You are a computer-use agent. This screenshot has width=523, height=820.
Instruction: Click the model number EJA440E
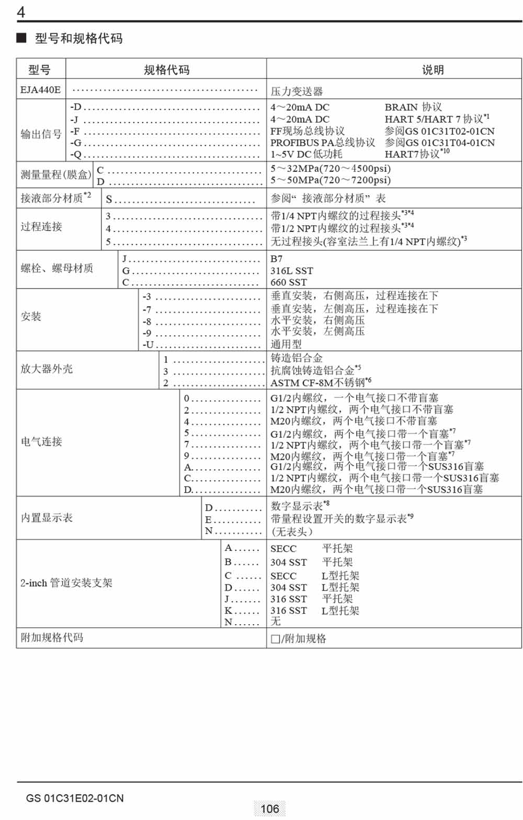coord(40,90)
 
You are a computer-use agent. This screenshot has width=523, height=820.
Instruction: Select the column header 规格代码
coord(166,70)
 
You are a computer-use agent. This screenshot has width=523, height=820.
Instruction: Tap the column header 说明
coord(433,70)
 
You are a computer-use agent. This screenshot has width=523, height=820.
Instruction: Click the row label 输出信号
coord(41,134)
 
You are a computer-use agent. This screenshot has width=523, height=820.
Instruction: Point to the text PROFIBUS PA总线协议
coord(322,142)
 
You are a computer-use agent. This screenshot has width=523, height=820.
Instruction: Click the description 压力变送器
coord(297,91)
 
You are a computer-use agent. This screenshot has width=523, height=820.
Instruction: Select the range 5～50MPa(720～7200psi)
coord(330,180)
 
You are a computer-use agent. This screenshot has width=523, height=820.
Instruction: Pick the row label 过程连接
coord(41,226)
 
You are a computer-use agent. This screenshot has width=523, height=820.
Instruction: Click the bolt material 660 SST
coord(289,282)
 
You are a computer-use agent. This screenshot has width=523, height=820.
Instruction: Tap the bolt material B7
coord(276,259)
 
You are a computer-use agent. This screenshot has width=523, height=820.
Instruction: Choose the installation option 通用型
coord(286,344)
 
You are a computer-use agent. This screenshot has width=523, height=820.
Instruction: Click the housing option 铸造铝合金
coord(297,358)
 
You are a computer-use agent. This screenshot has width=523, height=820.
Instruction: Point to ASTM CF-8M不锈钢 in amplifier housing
coord(318,382)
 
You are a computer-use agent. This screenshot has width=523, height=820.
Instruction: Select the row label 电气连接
coord(41,441)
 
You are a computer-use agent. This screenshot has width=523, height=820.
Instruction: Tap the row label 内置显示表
coord(47,517)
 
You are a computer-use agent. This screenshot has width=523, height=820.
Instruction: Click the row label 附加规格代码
coord(52,637)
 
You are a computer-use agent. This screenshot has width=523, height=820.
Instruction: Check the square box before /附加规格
coord(275,639)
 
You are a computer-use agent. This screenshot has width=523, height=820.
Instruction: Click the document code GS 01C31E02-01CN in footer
coord(75,799)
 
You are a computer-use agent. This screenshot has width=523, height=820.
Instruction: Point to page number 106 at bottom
coord(269,808)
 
